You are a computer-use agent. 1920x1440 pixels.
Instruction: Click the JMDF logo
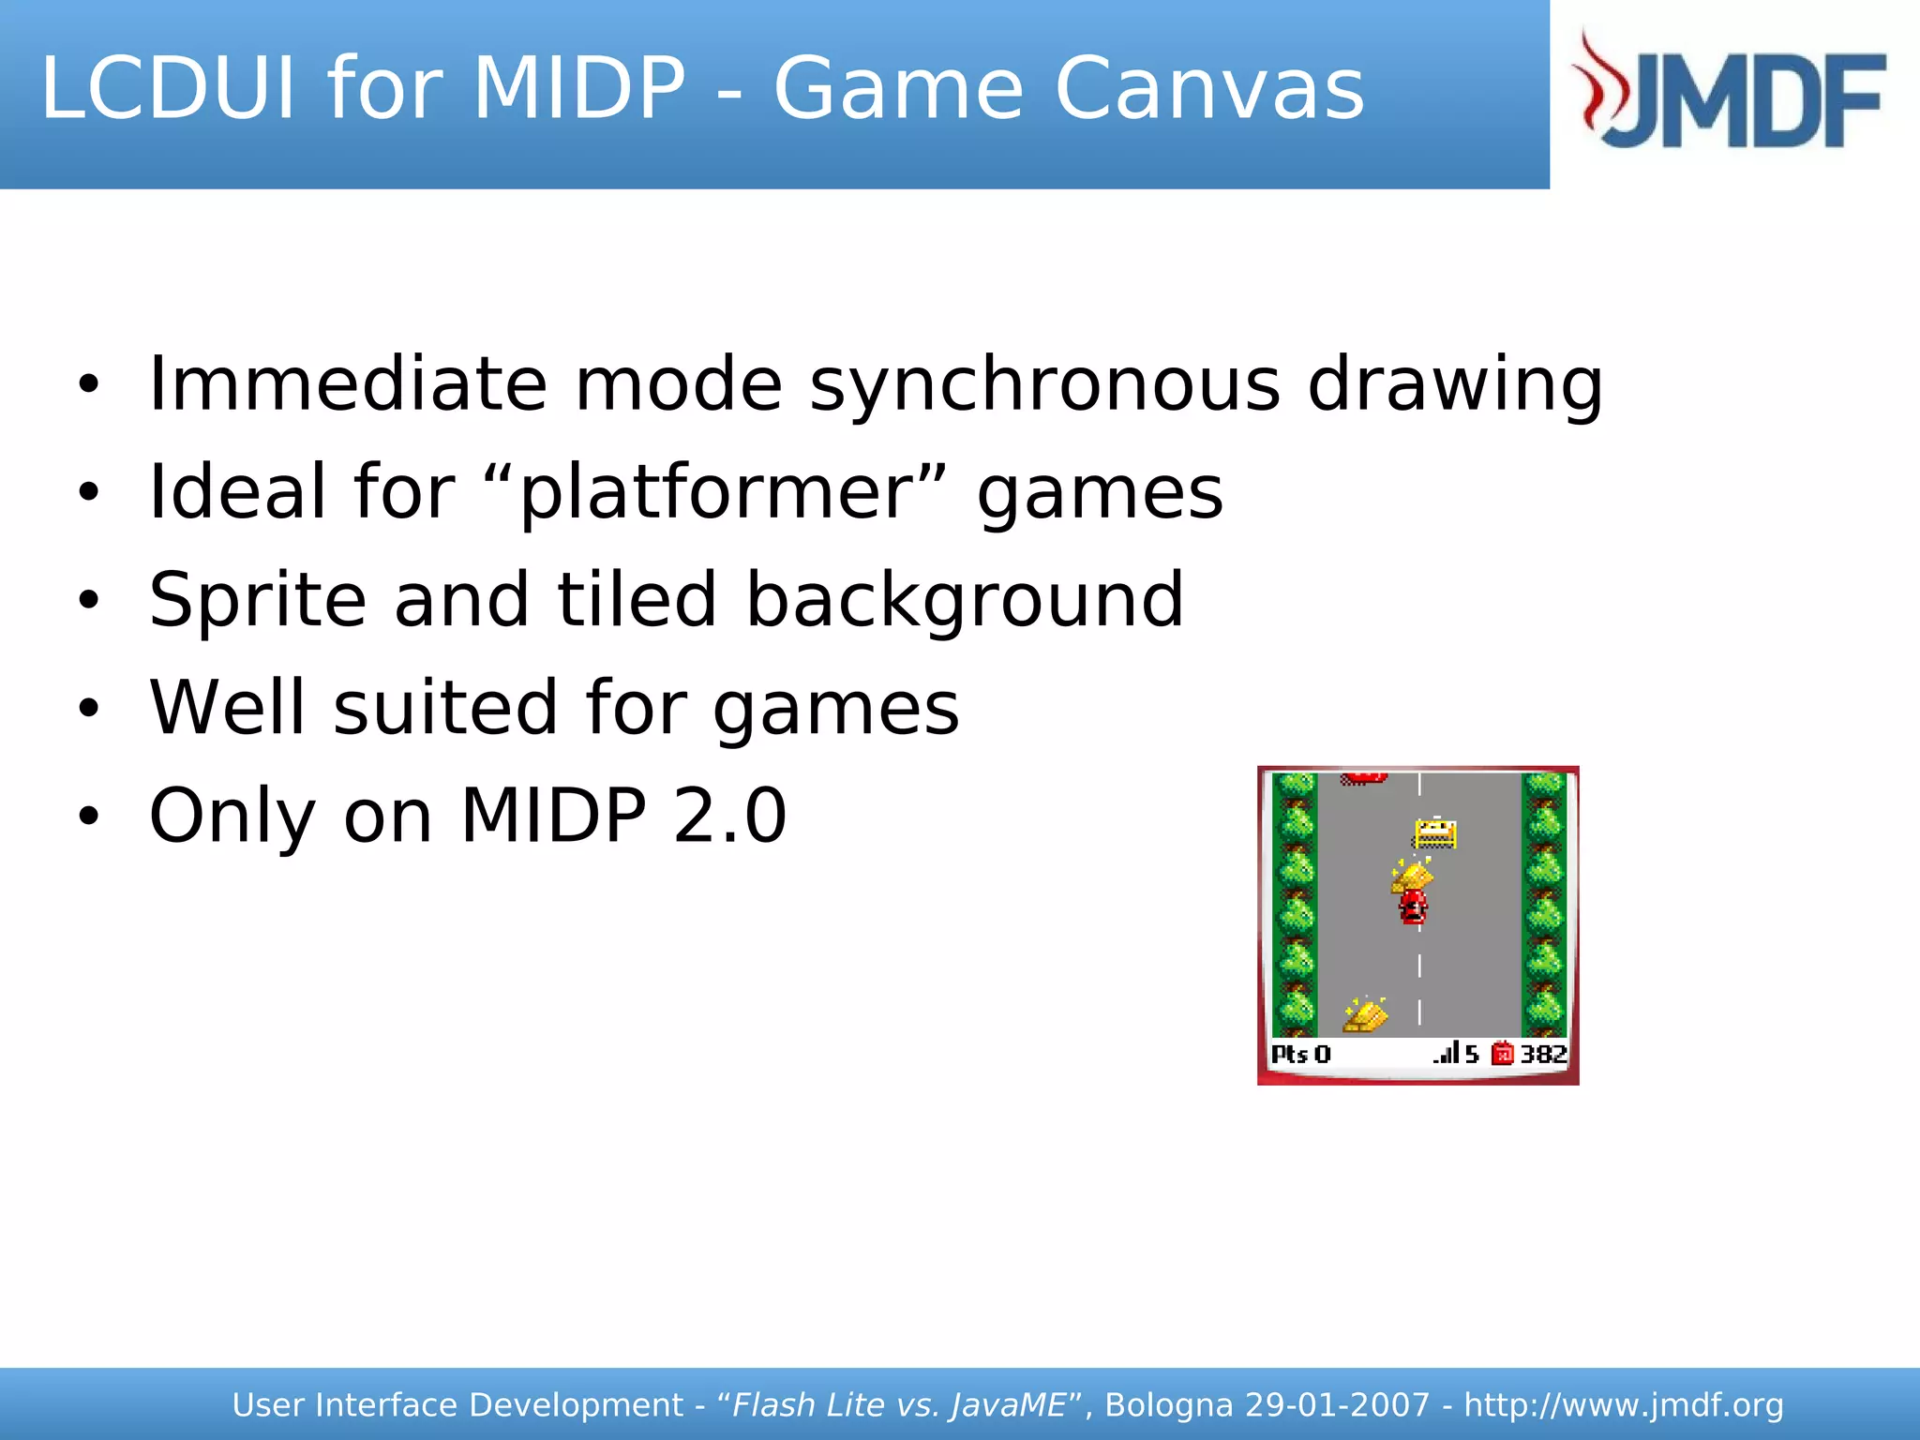(1731, 92)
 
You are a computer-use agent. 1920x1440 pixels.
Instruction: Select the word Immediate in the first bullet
(348, 384)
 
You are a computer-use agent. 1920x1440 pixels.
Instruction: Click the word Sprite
(258, 601)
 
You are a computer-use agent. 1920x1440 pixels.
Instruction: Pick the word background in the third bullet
(965, 601)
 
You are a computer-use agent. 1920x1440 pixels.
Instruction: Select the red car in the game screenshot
(1413, 907)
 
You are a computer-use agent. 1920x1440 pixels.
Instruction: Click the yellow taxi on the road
(1434, 832)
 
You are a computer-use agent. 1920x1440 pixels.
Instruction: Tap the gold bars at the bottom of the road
(1365, 1015)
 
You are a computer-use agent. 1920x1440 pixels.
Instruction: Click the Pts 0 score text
(1300, 1054)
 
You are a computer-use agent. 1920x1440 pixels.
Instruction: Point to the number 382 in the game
(1543, 1054)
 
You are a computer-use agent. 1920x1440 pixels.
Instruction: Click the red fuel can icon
(1502, 1054)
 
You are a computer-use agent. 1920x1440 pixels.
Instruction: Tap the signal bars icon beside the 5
(1447, 1053)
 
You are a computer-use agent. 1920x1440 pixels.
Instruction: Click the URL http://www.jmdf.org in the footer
(1623, 1405)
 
